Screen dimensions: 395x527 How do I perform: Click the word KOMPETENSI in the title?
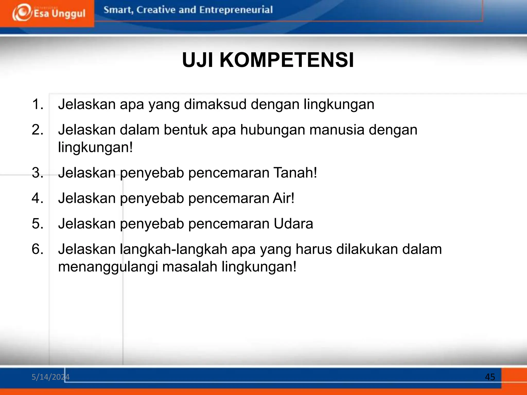(x=287, y=60)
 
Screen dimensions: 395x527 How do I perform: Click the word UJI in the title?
(x=197, y=60)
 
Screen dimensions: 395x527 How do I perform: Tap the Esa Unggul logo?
(x=49, y=13)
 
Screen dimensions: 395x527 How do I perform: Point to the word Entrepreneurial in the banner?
(x=236, y=10)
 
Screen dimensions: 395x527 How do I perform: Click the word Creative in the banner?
(x=156, y=10)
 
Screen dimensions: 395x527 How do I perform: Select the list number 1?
(x=38, y=104)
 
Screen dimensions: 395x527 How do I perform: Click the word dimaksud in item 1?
(x=215, y=104)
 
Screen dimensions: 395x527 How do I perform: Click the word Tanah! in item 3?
(x=295, y=173)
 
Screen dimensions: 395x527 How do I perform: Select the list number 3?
(x=38, y=173)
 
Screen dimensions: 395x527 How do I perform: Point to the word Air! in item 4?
(x=283, y=198)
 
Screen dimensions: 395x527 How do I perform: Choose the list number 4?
(x=38, y=198)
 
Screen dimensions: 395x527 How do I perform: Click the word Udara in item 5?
(x=293, y=223)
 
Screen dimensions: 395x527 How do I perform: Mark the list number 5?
(x=38, y=223)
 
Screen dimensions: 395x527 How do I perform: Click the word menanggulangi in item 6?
(x=108, y=267)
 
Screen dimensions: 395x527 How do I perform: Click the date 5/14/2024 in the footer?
(x=50, y=377)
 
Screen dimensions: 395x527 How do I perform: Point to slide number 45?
(x=490, y=377)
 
